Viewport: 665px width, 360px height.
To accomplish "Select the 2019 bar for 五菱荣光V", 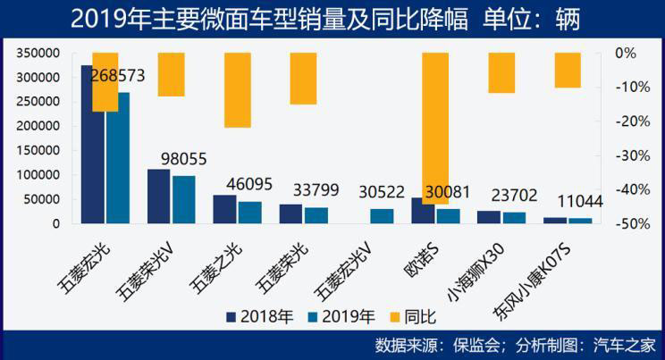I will pos(183,199).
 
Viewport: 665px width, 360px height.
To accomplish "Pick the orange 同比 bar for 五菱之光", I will pos(238,89).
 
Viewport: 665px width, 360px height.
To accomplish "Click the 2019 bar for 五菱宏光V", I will pos(382,215).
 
